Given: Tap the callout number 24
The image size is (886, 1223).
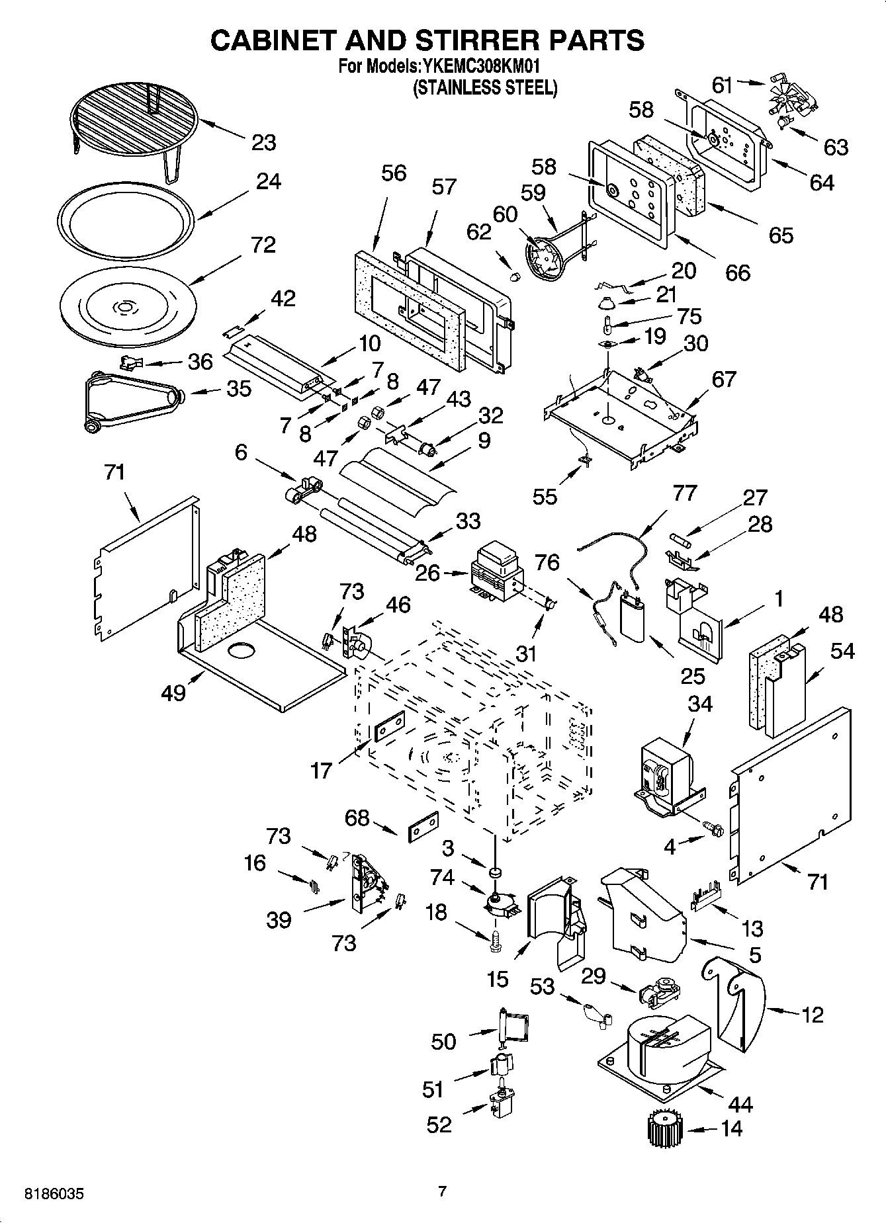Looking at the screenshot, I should (268, 181).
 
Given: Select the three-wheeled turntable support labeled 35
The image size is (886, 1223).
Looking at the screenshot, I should (132, 401).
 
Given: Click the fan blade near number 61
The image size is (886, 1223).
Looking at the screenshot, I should (785, 96).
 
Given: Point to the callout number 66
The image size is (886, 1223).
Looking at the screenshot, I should (737, 272).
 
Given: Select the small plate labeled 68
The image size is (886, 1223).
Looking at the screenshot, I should (423, 825).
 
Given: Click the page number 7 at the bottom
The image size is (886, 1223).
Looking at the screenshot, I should (442, 1191).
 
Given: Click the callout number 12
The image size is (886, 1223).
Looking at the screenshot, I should (813, 1014).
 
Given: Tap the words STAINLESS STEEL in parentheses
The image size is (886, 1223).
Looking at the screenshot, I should (485, 88).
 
